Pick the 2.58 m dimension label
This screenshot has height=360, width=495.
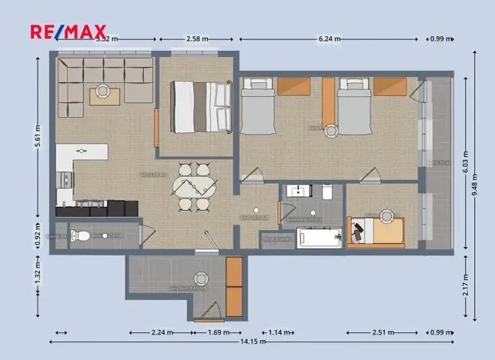pos(198,38)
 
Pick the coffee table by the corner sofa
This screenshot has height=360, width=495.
pos(103,95)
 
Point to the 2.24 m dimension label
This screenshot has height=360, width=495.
pos(162,332)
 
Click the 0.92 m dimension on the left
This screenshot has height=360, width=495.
pos(38,234)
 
